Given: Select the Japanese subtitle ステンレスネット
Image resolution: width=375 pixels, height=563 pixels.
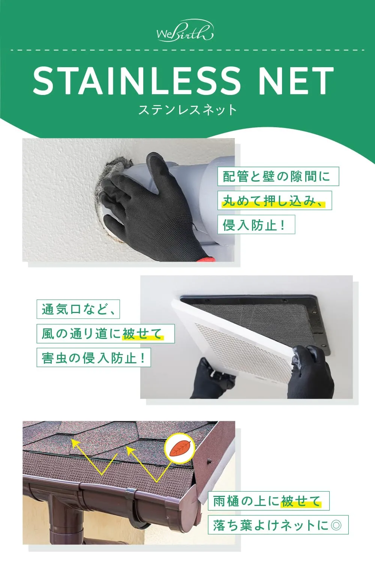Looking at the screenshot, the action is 187,110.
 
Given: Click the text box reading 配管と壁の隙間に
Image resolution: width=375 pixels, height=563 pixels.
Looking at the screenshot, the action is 278,176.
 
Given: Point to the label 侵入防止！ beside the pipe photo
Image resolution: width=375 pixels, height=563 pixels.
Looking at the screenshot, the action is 256,224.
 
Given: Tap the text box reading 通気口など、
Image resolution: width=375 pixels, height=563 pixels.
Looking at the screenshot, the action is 78,309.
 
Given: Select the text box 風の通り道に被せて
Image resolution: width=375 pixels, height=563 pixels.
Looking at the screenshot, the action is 105,334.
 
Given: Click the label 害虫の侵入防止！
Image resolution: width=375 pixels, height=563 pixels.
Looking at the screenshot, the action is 94,357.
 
